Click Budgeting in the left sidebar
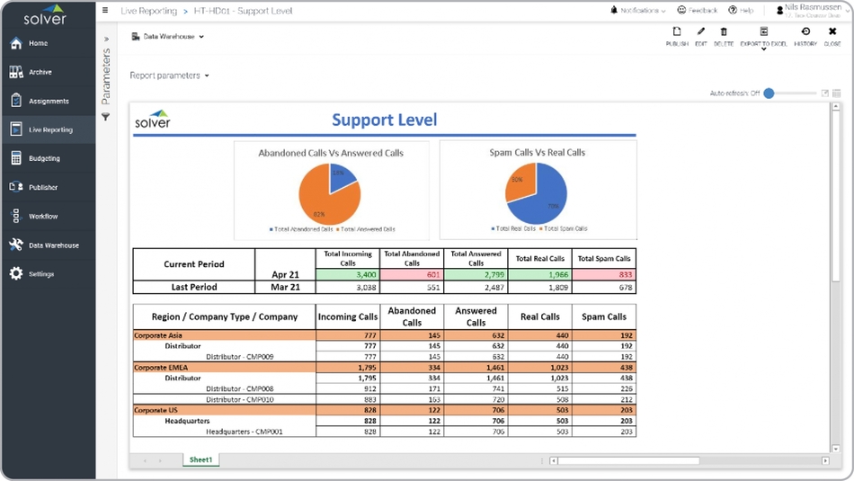(44, 158)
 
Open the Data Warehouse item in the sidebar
(53, 245)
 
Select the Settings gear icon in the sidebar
(16, 274)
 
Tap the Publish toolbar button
(677, 36)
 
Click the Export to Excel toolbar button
(763, 36)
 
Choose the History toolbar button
(805, 36)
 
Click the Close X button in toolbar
(832, 36)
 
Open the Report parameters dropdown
(169, 76)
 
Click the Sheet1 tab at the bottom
(200, 460)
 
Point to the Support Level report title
(384, 120)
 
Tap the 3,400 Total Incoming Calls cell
(348, 275)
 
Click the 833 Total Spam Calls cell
(604, 275)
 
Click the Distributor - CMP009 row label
(239, 357)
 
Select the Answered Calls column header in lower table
(476, 316)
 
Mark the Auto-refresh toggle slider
(769, 94)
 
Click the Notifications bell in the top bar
(614, 11)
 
